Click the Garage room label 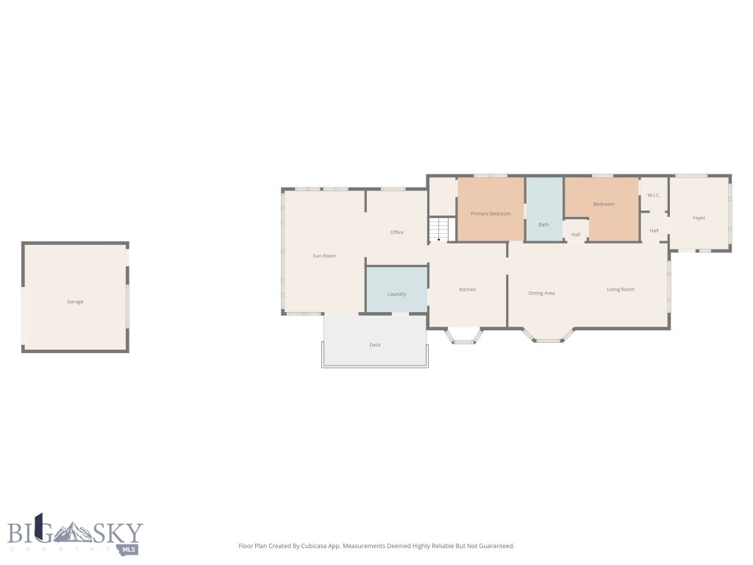75,302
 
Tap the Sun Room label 324,256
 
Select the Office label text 397,232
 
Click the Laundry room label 397,294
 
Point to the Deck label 375,345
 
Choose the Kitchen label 468,290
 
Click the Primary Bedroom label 490,213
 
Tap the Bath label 544,224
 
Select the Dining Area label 542,294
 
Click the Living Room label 621,290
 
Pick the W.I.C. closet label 654,195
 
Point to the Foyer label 699,218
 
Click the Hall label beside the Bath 576,235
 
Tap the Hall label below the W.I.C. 654,231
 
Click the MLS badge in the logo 129,549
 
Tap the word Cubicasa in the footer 313,546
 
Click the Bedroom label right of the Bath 604,204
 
